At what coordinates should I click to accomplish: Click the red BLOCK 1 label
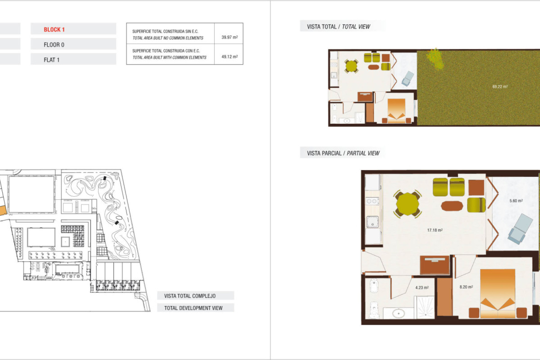[x=54, y=30]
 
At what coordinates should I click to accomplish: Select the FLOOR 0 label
[x=54, y=45]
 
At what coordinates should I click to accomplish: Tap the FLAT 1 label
[x=51, y=60]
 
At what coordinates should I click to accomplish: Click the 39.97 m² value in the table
[x=229, y=37]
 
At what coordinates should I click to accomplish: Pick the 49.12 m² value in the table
[x=229, y=57]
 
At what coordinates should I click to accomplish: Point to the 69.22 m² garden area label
[x=500, y=87]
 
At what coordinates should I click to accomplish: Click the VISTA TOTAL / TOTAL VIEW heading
[x=338, y=27]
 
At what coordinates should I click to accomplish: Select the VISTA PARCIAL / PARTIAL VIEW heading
[x=343, y=153]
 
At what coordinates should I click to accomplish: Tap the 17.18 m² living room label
[x=435, y=230]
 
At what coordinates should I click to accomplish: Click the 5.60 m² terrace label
[x=516, y=201]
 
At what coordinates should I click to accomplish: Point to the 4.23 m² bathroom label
[x=422, y=287]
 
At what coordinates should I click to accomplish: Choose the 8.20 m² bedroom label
[x=466, y=287]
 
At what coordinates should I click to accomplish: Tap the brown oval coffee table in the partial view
[x=452, y=206]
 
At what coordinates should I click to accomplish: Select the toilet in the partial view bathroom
[x=373, y=309]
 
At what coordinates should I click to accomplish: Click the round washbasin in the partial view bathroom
[x=398, y=313]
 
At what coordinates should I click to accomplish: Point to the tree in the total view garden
[x=435, y=58]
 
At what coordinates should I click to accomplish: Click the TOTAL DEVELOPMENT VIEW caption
[x=193, y=308]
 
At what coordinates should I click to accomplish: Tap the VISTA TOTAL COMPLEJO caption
[x=190, y=296]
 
